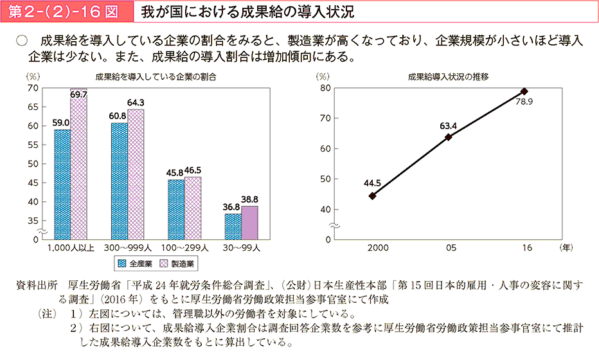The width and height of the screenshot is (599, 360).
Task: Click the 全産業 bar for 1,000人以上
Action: pos(62,184)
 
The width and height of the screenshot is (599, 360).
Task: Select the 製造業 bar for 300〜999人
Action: pos(136,174)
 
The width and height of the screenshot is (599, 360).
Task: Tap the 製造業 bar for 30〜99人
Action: pos(249,222)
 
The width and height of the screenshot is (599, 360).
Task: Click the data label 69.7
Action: pos(79,94)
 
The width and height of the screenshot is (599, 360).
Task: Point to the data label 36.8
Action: pos(232,207)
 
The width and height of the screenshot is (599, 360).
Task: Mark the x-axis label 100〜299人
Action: pos(184,247)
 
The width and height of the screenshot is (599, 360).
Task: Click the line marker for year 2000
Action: pos(373,195)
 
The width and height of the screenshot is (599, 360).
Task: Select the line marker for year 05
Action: pos(448,137)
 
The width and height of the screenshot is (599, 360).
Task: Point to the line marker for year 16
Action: pos(524,91)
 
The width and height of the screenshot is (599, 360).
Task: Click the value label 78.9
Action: pos(524,102)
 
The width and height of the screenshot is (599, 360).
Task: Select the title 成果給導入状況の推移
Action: pos(448,76)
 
